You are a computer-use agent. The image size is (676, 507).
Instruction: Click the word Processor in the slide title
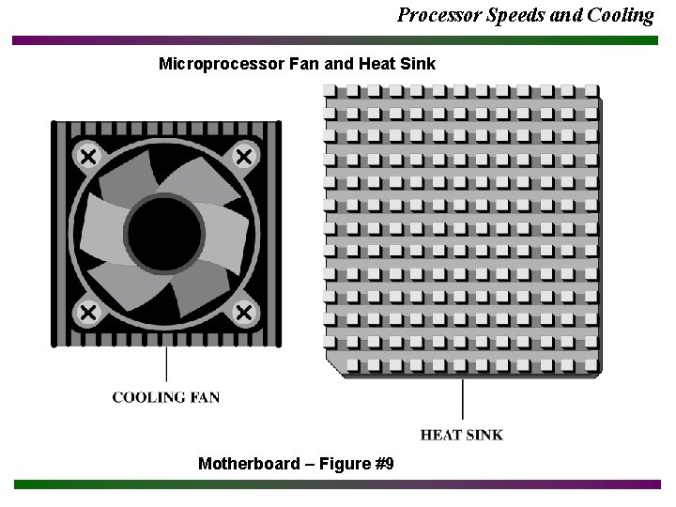(x=436, y=15)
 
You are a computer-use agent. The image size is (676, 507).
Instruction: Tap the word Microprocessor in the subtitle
(x=218, y=64)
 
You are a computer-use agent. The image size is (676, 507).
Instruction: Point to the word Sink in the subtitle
(x=418, y=64)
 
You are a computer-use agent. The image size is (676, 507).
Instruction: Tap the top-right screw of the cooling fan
(x=244, y=156)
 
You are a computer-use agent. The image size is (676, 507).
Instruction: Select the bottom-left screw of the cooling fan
(x=88, y=312)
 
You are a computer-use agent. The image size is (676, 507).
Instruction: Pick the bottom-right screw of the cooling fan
(x=244, y=312)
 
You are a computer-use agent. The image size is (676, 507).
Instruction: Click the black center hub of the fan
(x=164, y=234)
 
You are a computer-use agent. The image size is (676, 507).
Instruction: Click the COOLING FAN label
(x=166, y=397)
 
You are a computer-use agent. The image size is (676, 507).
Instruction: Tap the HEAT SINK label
(x=461, y=435)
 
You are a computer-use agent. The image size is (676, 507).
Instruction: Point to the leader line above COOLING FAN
(x=167, y=364)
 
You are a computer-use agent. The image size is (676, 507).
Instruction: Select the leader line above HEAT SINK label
(x=462, y=398)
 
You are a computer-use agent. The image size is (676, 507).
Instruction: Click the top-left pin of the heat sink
(x=330, y=92)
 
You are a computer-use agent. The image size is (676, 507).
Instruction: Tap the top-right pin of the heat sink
(x=591, y=92)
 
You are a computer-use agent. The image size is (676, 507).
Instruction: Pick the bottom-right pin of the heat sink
(x=591, y=363)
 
